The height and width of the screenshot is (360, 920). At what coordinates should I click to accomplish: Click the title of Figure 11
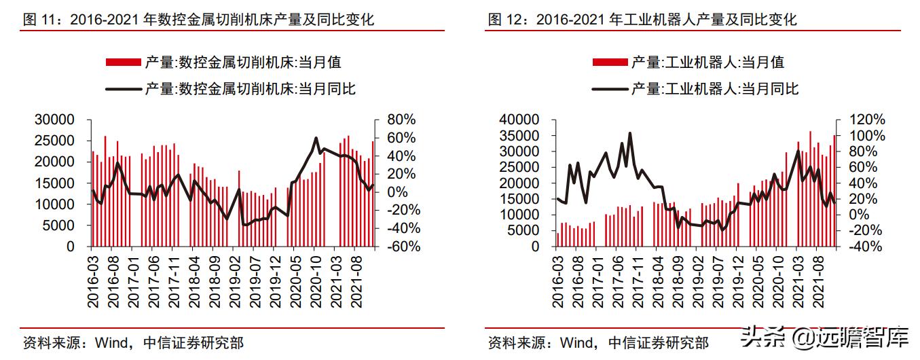tap(198, 20)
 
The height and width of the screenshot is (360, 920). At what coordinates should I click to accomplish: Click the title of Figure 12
tap(642, 20)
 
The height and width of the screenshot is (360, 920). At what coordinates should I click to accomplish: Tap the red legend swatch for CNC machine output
tap(123, 62)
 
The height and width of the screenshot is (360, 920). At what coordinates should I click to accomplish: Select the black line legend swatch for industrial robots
tap(609, 88)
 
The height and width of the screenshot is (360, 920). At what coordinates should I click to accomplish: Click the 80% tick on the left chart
tap(401, 120)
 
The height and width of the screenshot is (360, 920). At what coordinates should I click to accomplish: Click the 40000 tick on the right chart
tap(519, 120)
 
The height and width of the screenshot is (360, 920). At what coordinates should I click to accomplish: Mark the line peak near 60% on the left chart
tap(316, 138)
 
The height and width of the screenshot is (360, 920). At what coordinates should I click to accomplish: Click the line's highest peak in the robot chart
tap(630, 133)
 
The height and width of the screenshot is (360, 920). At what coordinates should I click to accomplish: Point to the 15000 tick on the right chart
tap(519, 199)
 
